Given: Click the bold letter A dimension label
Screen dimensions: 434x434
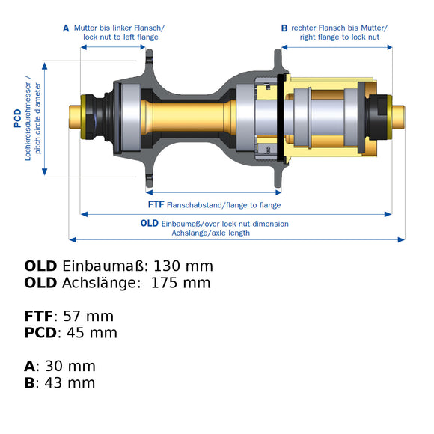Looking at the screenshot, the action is pyautogui.click(x=66, y=28).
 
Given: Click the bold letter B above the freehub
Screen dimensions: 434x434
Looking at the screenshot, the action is pyautogui.click(x=284, y=28).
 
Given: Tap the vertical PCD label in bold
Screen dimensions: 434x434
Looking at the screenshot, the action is pyautogui.click(x=18, y=118).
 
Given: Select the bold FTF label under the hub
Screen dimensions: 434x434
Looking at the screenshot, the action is pyautogui.click(x=156, y=204).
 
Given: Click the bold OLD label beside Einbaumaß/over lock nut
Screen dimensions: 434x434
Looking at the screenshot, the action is pyautogui.click(x=150, y=223).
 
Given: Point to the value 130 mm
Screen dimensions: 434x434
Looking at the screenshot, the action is pyautogui.click(x=183, y=266).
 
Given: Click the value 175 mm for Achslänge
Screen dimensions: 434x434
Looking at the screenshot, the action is pyautogui.click(x=181, y=283).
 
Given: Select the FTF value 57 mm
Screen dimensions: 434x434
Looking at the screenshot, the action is pyautogui.click(x=88, y=316).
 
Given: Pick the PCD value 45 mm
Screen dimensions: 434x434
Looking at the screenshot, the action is pyautogui.click(x=92, y=333).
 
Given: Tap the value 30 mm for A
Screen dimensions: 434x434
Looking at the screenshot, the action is pyautogui.click(x=70, y=366).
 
